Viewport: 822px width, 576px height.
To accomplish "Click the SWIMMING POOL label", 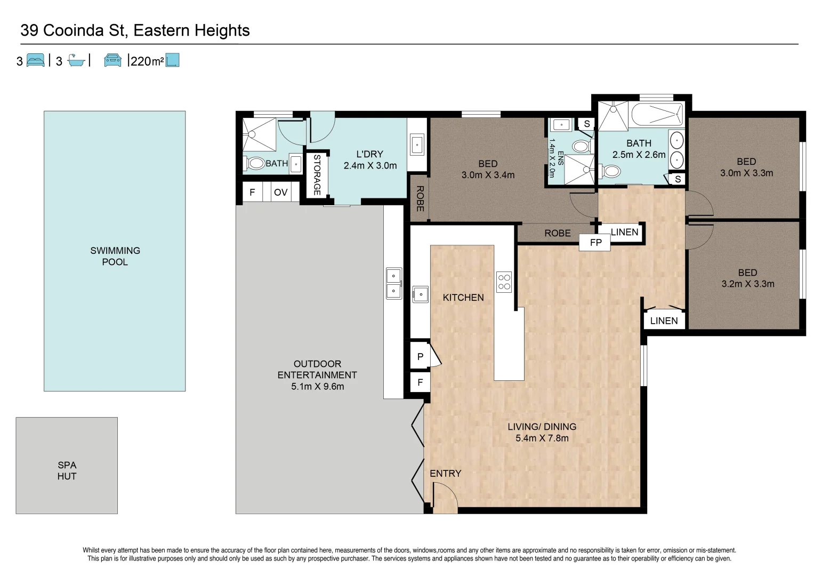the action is tap(115, 256).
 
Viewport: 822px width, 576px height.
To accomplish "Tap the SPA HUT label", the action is tap(67, 470).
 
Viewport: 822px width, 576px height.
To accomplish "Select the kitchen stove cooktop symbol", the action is tap(504, 282).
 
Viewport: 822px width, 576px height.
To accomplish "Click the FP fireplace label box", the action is tap(595, 242).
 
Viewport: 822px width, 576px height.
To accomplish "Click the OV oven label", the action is tap(281, 193).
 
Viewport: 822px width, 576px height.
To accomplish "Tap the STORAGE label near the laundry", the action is tap(317, 175).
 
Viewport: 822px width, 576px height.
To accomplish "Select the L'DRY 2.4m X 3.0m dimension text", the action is tap(370, 165).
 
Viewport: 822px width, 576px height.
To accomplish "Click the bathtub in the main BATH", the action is tap(657, 114).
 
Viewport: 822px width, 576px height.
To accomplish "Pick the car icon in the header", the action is tap(112, 60).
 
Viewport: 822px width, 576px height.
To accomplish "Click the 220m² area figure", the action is tap(147, 61).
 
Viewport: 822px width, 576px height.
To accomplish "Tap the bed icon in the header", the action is tap(36, 60).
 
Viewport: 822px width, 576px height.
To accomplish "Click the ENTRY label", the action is tap(446, 474).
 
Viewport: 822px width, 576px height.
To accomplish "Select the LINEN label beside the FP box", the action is tap(625, 232).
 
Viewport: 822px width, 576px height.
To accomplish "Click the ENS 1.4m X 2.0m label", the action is tap(555, 158).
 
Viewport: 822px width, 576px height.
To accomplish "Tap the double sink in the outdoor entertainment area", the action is tap(394, 283).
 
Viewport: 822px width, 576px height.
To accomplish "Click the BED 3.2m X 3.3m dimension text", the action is tap(748, 284).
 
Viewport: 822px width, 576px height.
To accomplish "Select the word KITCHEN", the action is tap(463, 298).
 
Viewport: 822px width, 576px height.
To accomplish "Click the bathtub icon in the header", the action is tap(76, 61).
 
